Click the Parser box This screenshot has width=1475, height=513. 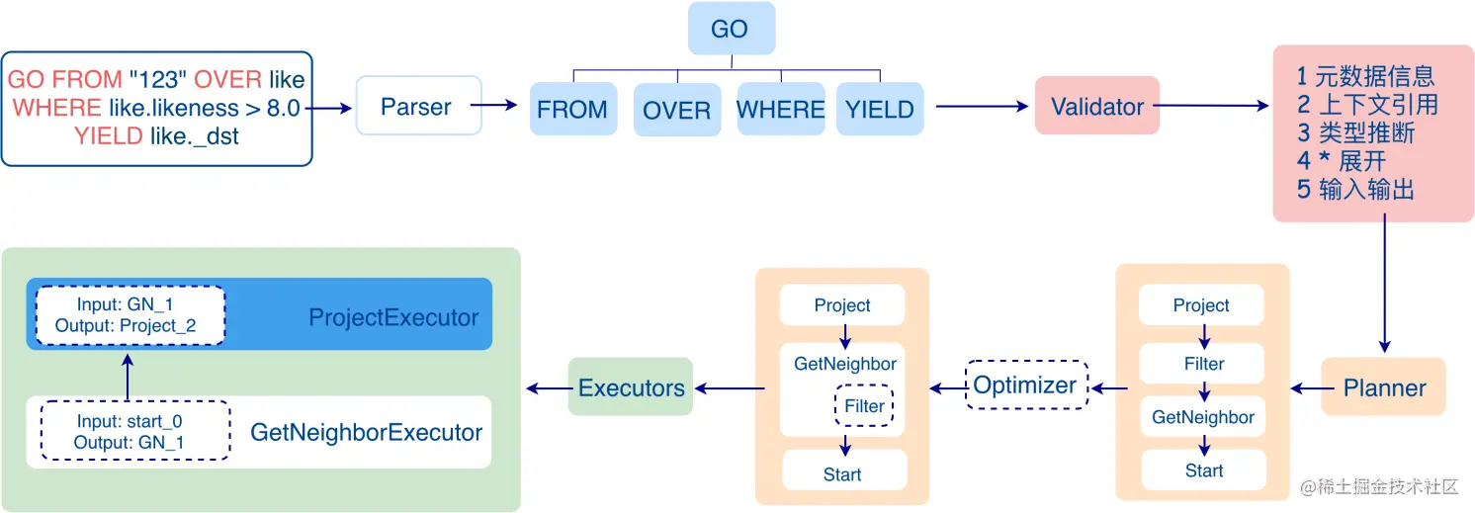pos(417,106)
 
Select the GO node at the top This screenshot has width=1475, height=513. pos(731,29)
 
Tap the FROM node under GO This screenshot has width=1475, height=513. pos(572,109)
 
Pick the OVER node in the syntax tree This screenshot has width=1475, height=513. pos(676,109)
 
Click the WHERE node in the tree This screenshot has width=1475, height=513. pos(780,109)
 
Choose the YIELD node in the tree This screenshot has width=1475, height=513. pos(879,109)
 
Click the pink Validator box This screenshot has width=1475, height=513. pos(1096,107)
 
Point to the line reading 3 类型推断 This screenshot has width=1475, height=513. pos(1355,133)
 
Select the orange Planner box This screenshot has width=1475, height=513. pos(1384,387)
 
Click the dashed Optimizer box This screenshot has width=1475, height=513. pos(1024,385)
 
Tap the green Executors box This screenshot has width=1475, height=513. pos(631,387)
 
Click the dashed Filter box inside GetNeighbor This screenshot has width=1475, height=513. pos(864,406)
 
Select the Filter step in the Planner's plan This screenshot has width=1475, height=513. pos(1203,364)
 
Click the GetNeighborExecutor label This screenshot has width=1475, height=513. pos(366,432)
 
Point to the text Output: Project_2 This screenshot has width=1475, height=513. pos(126,325)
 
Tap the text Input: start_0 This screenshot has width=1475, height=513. pos(130,422)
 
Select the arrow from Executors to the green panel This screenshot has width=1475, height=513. pos(547,388)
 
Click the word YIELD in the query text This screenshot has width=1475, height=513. pos(109,136)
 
